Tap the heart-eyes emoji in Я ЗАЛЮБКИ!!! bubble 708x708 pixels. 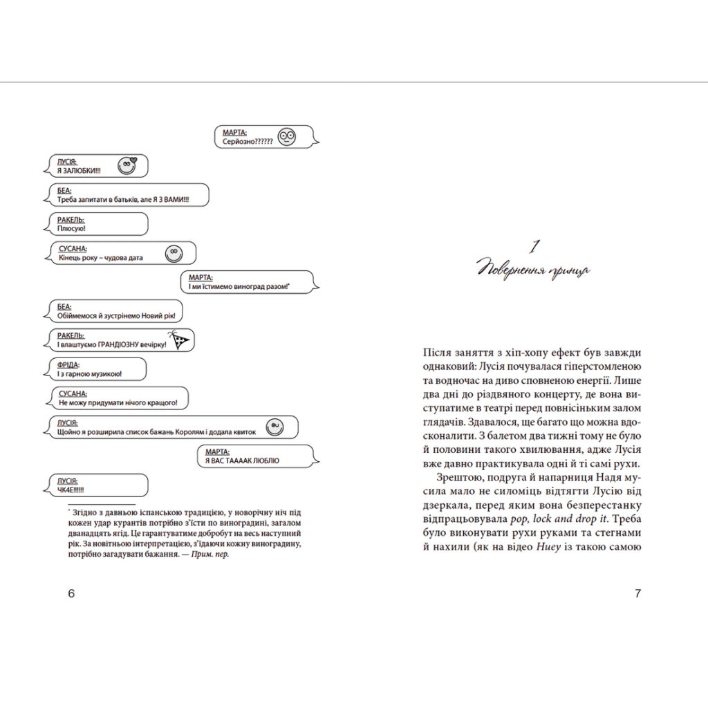coord(127,165)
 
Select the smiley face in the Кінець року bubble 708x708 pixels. coord(174,253)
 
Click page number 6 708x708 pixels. coord(71,593)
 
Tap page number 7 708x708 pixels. coord(637,593)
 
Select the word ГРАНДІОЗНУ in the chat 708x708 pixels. coord(122,344)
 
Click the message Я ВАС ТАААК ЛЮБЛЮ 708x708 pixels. coord(242,460)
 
